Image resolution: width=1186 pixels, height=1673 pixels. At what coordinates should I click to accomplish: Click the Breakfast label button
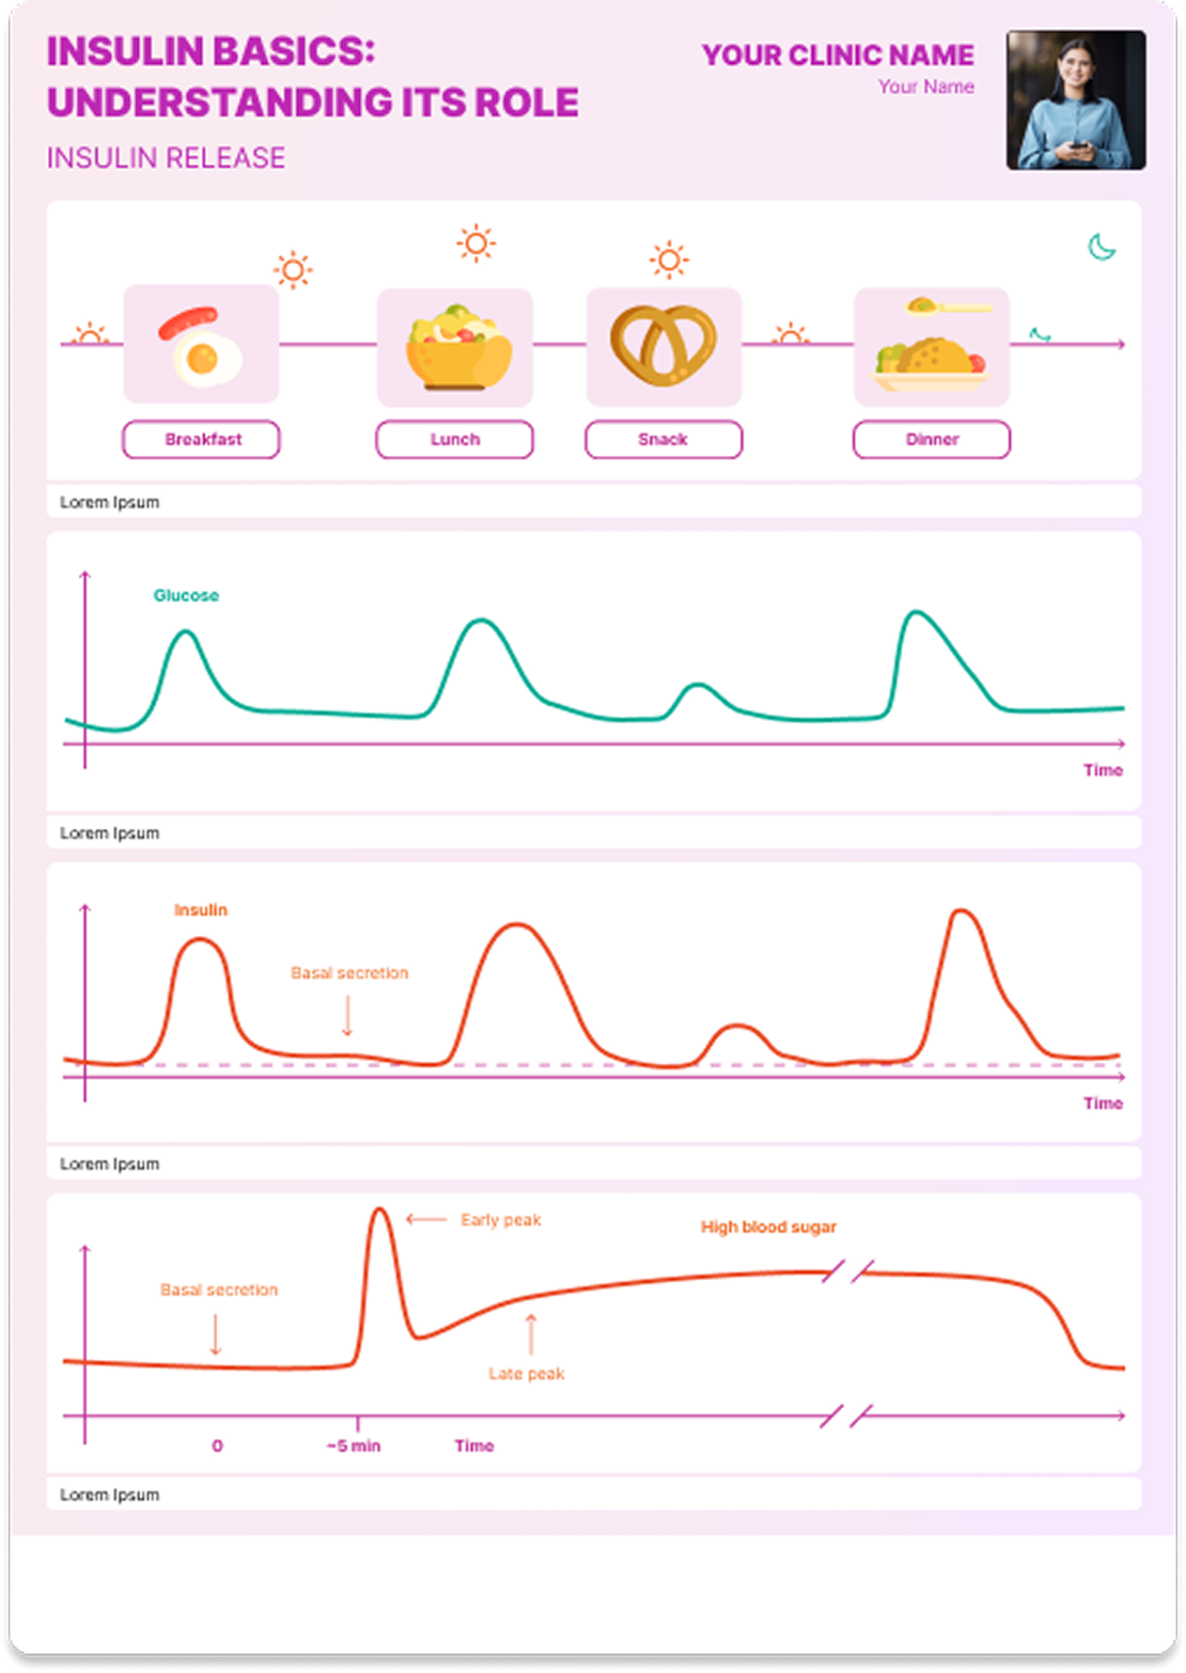click(201, 440)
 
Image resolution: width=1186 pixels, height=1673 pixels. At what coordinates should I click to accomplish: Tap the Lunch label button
click(455, 440)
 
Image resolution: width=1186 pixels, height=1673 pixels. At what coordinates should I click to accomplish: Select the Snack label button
click(663, 440)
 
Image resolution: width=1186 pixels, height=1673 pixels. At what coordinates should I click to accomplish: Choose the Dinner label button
click(931, 440)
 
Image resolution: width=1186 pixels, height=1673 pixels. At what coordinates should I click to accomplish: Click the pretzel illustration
click(663, 344)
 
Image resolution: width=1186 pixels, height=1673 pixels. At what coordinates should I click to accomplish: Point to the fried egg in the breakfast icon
click(205, 358)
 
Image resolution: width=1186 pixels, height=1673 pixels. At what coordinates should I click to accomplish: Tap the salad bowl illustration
click(459, 347)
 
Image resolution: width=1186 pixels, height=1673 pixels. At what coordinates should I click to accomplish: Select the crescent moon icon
click(1101, 247)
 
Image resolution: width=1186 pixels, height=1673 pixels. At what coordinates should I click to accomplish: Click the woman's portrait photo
click(1076, 100)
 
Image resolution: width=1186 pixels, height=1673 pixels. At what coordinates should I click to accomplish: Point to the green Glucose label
click(186, 596)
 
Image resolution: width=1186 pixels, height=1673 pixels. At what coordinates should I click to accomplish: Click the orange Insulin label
click(201, 910)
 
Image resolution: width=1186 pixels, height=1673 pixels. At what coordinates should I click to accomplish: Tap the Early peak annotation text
click(501, 1220)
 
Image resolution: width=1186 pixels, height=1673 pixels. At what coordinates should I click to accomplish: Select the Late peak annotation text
click(526, 1374)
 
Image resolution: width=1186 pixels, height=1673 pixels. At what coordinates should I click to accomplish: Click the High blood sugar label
click(769, 1227)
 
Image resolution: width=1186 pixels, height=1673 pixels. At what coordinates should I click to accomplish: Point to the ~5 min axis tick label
click(353, 1446)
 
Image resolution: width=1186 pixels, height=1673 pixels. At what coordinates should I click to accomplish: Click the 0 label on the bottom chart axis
click(217, 1446)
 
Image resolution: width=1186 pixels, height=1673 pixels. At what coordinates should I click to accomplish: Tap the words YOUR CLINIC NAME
click(837, 55)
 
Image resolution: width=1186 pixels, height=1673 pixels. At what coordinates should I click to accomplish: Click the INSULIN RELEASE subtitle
click(166, 158)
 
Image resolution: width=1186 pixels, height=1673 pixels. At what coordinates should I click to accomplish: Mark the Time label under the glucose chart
click(1103, 771)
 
